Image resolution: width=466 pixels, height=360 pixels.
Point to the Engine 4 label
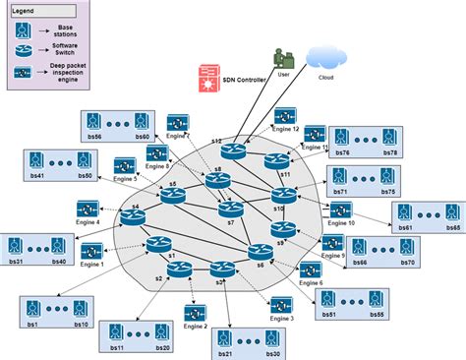click(x=87, y=223)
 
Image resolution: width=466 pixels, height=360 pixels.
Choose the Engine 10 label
click(x=339, y=223)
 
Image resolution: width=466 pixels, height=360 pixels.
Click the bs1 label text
click(x=32, y=324)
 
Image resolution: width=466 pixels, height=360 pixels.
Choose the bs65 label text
click(x=455, y=227)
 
